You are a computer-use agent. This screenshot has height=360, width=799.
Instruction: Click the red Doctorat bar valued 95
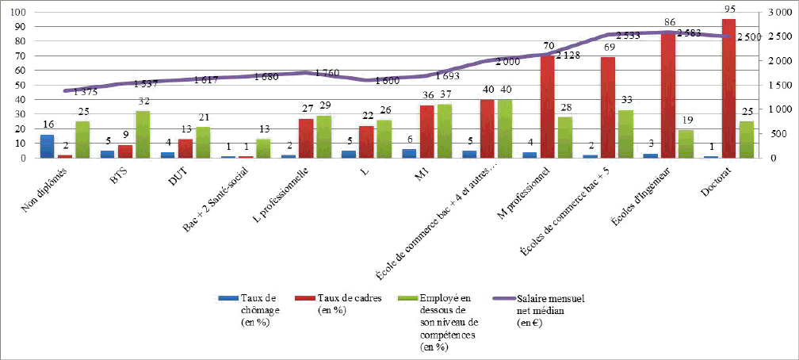pos(728,88)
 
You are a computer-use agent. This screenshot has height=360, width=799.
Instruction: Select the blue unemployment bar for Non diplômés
pos(47,146)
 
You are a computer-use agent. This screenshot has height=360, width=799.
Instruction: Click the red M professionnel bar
pos(547,106)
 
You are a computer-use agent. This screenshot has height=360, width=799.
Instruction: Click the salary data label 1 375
pos(85,92)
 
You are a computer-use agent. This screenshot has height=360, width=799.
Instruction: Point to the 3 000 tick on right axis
pos(778,12)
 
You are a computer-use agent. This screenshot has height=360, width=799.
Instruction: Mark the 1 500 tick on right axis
pos(778,85)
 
